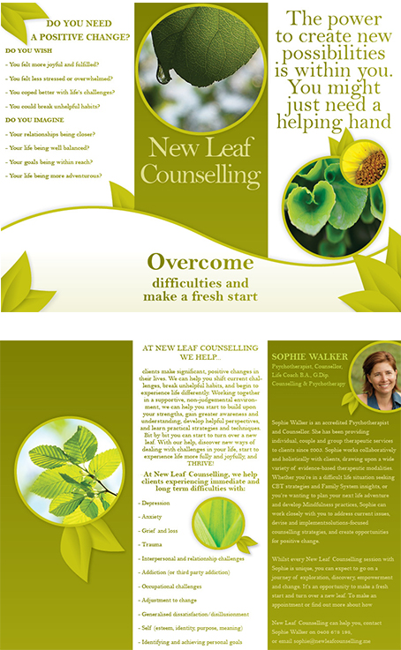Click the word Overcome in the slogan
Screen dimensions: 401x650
200,262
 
